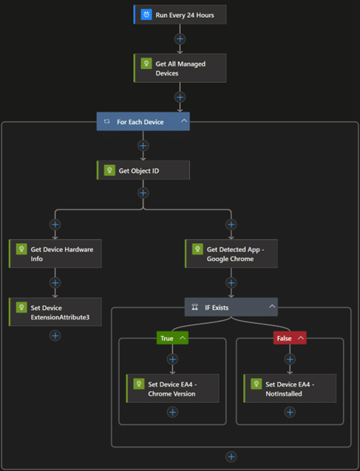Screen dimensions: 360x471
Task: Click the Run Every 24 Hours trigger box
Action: click(180, 15)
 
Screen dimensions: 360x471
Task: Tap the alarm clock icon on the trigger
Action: click(146, 15)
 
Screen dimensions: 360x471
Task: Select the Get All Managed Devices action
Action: click(180, 68)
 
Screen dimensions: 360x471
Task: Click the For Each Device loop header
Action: click(143, 121)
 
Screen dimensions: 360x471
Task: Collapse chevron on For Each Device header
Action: click(184, 121)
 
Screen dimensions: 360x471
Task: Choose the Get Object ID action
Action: click(143, 170)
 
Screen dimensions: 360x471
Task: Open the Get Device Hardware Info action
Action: click(55, 254)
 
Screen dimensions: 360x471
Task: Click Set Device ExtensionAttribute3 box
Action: click(55, 312)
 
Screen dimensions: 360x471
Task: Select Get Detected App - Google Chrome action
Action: click(231, 254)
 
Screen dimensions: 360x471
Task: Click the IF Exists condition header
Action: click(231, 307)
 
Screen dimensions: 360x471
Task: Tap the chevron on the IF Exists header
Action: click(272, 306)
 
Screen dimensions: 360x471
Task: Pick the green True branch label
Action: click(172, 338)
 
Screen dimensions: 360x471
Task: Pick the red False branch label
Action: click(290, 338)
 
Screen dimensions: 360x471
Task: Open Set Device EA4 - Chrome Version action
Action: click(172, 388)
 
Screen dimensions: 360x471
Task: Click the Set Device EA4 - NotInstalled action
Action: click(290, 388)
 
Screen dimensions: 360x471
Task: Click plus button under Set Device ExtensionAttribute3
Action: click(55, 336)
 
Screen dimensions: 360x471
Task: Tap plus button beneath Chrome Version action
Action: click(172, 412)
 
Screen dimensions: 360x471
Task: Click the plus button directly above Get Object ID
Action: click(143, 146)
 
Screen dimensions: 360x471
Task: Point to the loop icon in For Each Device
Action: click(106, 121)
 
